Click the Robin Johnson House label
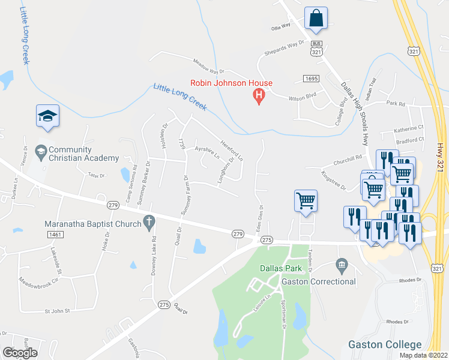(x=231, y=83)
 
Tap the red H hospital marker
(x=259, y=95)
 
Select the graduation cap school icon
(x=47, y=117)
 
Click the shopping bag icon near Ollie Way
(x=315, y=19)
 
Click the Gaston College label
(x=385, y=344)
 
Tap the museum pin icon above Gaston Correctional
(x=342, y=264)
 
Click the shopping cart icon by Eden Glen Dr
(x=306, y=200)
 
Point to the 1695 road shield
(x=311, y=78)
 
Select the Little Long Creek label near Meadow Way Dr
(x=179, y=96)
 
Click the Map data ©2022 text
(x=424, y=355)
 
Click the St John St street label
(x=58, y=311)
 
